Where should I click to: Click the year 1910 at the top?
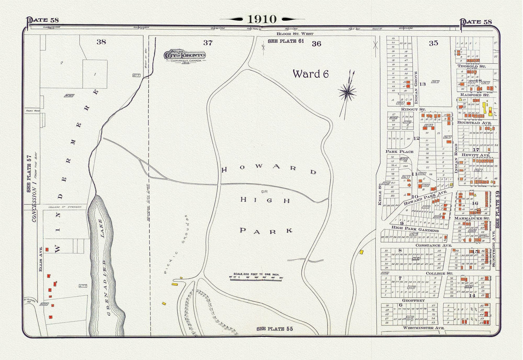262,19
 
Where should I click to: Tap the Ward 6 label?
311,74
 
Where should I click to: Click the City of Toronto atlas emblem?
185,55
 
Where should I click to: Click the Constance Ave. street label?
433,245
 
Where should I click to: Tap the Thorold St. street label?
471,66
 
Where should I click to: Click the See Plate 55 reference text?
274,329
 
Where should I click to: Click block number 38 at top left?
101,42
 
